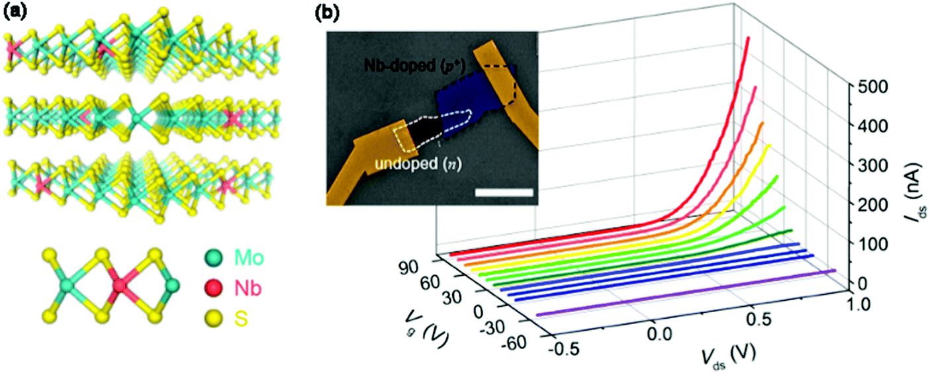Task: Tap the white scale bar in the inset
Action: [504, 192]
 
